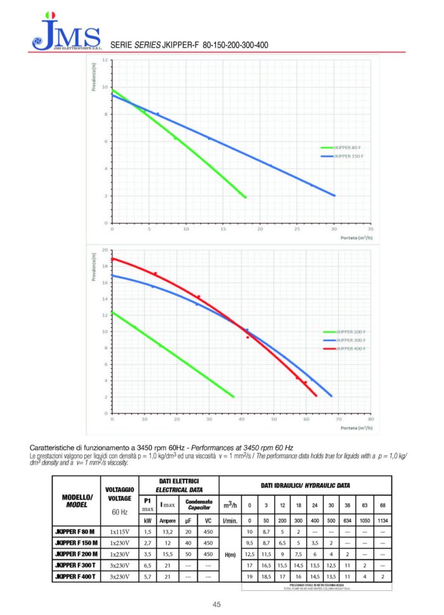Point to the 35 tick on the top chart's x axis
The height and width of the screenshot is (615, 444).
pyautogui.click(x=371, y=229)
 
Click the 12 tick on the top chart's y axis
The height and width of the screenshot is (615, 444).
pyautogui.click(x=105, y=60)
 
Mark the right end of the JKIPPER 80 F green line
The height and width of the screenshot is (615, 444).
pyautogui.click(x=245, y=197)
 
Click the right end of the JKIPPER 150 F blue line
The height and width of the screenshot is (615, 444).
pyautogui.click(x=334, y=195)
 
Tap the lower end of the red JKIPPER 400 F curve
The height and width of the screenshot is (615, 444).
pyautogui.click(x=316, y=396)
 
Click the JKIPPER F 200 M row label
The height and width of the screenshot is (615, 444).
pyautogui.click(x=76, y=553)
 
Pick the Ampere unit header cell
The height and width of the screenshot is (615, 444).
pyautogui.click(x=167, y=520)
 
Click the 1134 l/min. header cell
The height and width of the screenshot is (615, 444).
pyautogui.click(x=382, y=520)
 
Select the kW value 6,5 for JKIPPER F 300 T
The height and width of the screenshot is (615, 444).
pyautogui.click(x=147, y=564)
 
